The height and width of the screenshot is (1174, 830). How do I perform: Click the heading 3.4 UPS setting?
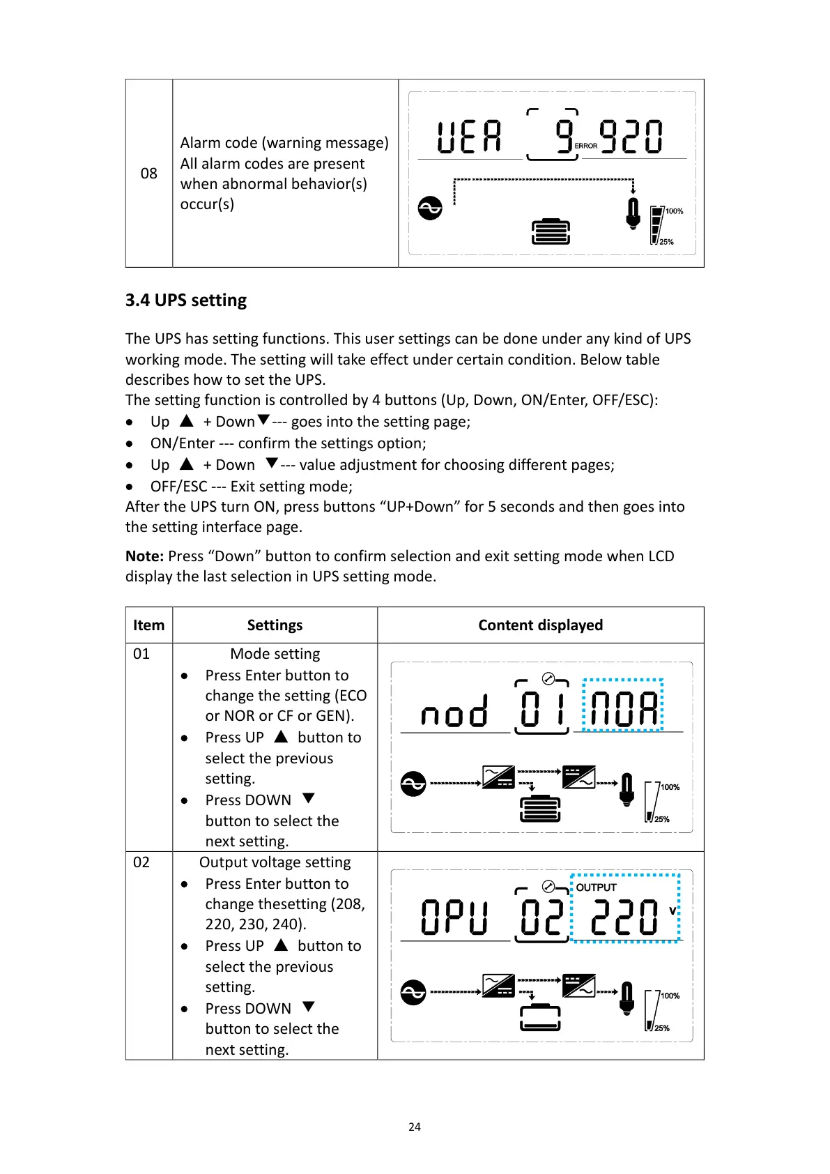(185, 300)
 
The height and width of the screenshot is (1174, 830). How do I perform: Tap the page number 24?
(415, 1127)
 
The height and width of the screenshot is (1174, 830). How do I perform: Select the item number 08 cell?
(148, 173)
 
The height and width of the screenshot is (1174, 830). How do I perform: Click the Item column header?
(148, 625)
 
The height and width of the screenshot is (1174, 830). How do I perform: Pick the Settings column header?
(275, 625)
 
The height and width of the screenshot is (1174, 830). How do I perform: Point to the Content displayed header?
(540, 625)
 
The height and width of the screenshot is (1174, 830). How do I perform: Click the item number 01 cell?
(141, 654)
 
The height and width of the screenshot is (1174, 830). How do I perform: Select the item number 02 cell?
(141, 862)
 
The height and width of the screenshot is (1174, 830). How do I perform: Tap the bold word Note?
(144, 556)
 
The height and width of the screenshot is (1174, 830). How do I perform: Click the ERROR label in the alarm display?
(586, 146)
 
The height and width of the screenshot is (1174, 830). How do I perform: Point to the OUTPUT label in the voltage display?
(596, 887)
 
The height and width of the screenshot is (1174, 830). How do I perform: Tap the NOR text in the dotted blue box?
(623, 709)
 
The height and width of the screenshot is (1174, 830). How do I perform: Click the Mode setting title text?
(275, 654)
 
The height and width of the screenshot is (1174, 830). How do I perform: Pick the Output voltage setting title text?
(275, 862)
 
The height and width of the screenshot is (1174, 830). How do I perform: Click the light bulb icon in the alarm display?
(633, 213)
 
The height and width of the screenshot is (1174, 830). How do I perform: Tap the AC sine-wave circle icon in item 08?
(430, 208)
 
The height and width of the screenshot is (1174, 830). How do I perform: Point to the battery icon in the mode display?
(540, 809)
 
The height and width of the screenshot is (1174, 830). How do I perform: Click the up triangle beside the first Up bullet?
(186, 421)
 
